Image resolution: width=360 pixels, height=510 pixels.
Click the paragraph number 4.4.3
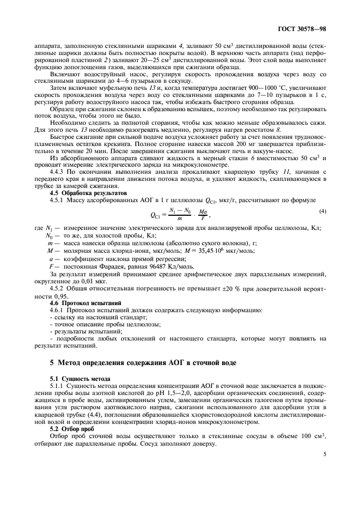coord(60,172)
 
